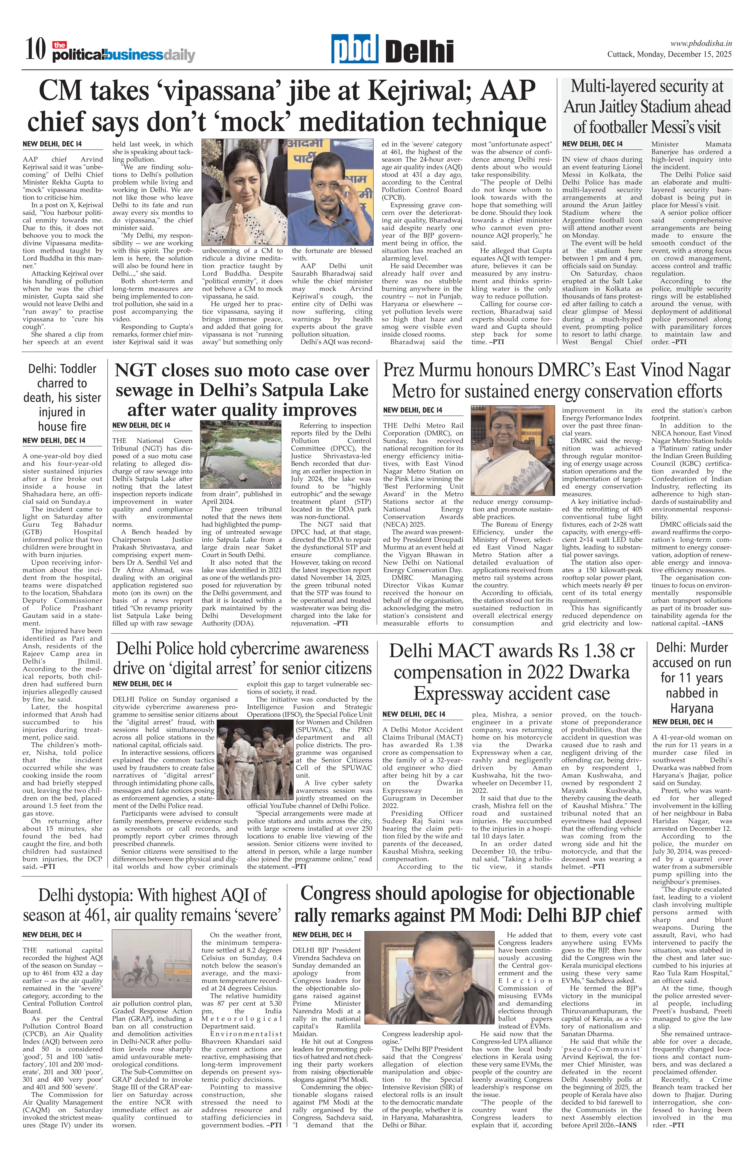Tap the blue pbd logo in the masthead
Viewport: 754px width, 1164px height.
(355, 49)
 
